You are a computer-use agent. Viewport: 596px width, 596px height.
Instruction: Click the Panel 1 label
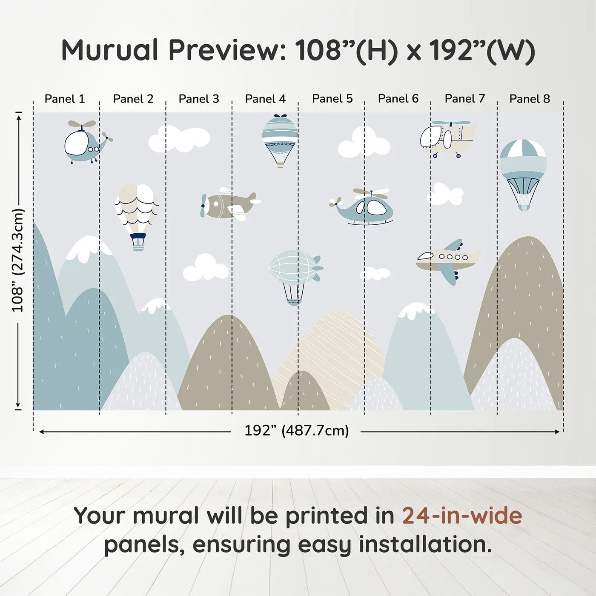click(x=65, y=99)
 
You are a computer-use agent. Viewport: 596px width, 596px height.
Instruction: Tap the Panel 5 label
click(x=332, y=98)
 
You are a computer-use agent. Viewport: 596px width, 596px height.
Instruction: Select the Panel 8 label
click(x=530, y=99)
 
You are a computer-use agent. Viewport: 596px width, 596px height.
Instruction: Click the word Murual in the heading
click(x=110, y=50)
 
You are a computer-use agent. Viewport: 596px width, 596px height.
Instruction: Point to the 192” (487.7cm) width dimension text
click(x=296, y=430)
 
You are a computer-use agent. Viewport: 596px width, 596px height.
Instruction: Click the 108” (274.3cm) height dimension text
click(x=18, y=260)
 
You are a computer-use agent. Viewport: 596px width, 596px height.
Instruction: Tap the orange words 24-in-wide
click(x=462, y=516)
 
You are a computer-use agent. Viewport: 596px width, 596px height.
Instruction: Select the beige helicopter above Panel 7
click(x=447, y=138)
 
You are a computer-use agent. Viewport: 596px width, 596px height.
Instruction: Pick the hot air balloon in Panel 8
click(x=523, y=172)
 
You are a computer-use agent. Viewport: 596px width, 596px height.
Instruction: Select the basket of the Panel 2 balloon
click(x=138, y=242)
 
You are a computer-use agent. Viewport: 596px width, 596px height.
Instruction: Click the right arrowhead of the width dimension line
click(x=557, y=432)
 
